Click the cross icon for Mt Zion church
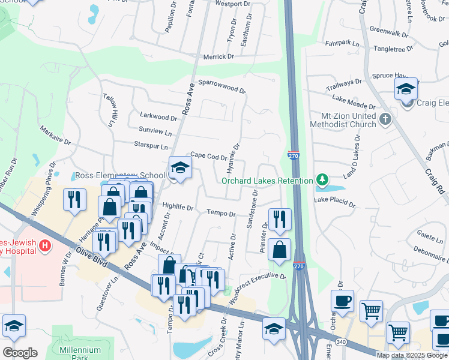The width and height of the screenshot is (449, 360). [385, 119]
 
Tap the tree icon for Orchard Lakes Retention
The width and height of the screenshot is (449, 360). [322, 180]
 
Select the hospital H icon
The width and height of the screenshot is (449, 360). [44, 245]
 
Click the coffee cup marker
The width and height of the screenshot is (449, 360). [342, 301]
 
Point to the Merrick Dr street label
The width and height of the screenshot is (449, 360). [218, 56]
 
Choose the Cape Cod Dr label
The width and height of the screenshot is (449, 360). [208, 157]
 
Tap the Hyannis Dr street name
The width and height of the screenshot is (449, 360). [235, 157]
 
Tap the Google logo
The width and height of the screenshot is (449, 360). [20, 353]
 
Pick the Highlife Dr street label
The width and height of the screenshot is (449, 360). [178, 208]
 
